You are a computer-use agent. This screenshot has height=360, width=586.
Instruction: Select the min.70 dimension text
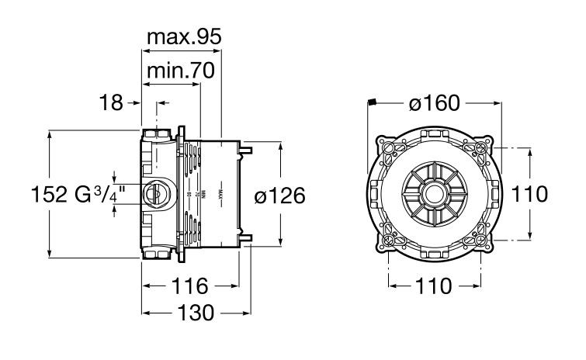tap(180, 71)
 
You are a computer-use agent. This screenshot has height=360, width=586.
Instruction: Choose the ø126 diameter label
tap(280, 196)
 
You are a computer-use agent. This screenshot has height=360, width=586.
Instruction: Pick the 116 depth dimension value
tap(190, 286)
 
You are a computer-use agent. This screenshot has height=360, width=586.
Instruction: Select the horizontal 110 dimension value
tap(434, 286)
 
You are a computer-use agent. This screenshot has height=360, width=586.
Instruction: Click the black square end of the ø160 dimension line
tap(372, 102)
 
